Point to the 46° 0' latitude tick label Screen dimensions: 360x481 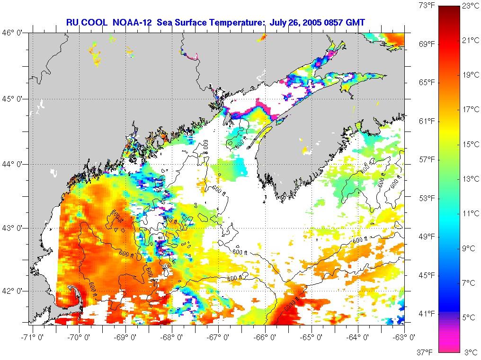pyautogui.click(x=14, y=33)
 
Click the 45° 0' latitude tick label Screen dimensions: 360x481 pyautogui.click(x=14, y=99)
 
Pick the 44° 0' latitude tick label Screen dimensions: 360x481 pyautogui.click(x=14, y=164)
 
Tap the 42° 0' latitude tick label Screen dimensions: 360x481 pyautogui.click(x=14, y=291)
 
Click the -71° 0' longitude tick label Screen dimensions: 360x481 pyautogui.click(x=31, y=337)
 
